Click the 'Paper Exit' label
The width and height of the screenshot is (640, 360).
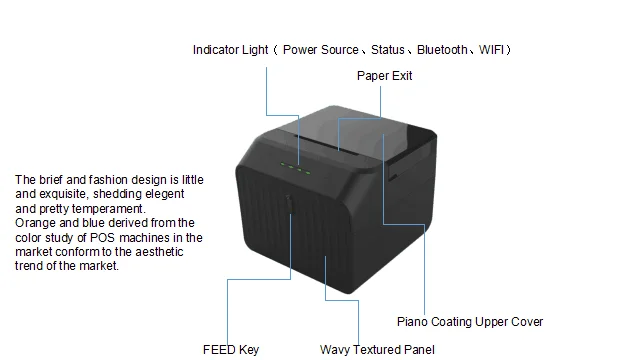[384, 75]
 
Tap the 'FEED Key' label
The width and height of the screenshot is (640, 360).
[230, 349]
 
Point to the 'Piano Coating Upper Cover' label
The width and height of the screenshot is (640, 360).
[470, 322]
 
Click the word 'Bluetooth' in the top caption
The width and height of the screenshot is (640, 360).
[441, 49]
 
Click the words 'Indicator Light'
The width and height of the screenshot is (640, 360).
[229, 49]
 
